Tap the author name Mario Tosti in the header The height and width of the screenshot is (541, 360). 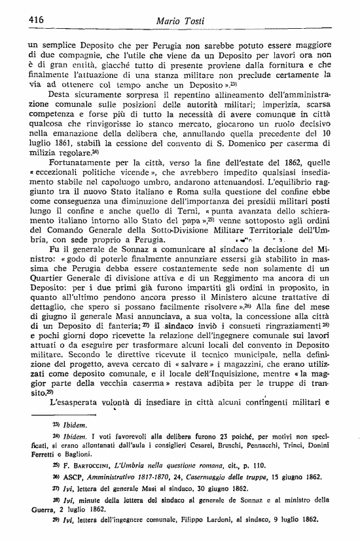click(x=180, y=21)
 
